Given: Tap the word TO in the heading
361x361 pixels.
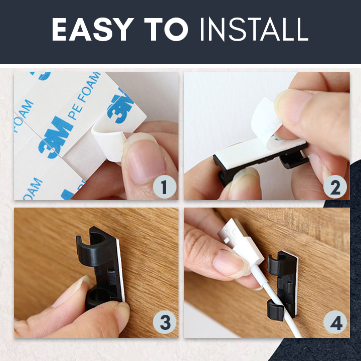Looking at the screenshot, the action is (x=166, y=29).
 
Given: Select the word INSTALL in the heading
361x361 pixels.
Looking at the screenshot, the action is (x=254, y=29).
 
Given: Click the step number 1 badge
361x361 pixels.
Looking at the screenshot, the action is (x=164, y=187).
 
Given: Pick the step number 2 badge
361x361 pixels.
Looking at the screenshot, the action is (x=335, y=187).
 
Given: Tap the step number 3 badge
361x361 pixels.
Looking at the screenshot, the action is (x=164, y=322).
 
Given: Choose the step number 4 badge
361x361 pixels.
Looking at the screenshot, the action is (x=335, y=322).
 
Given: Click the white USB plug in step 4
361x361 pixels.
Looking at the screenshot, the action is (x=241, y=244).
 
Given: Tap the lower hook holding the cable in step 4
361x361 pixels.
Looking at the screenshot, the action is (x=276, y=310).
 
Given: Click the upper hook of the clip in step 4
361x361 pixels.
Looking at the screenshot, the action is (x=276, y=264).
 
